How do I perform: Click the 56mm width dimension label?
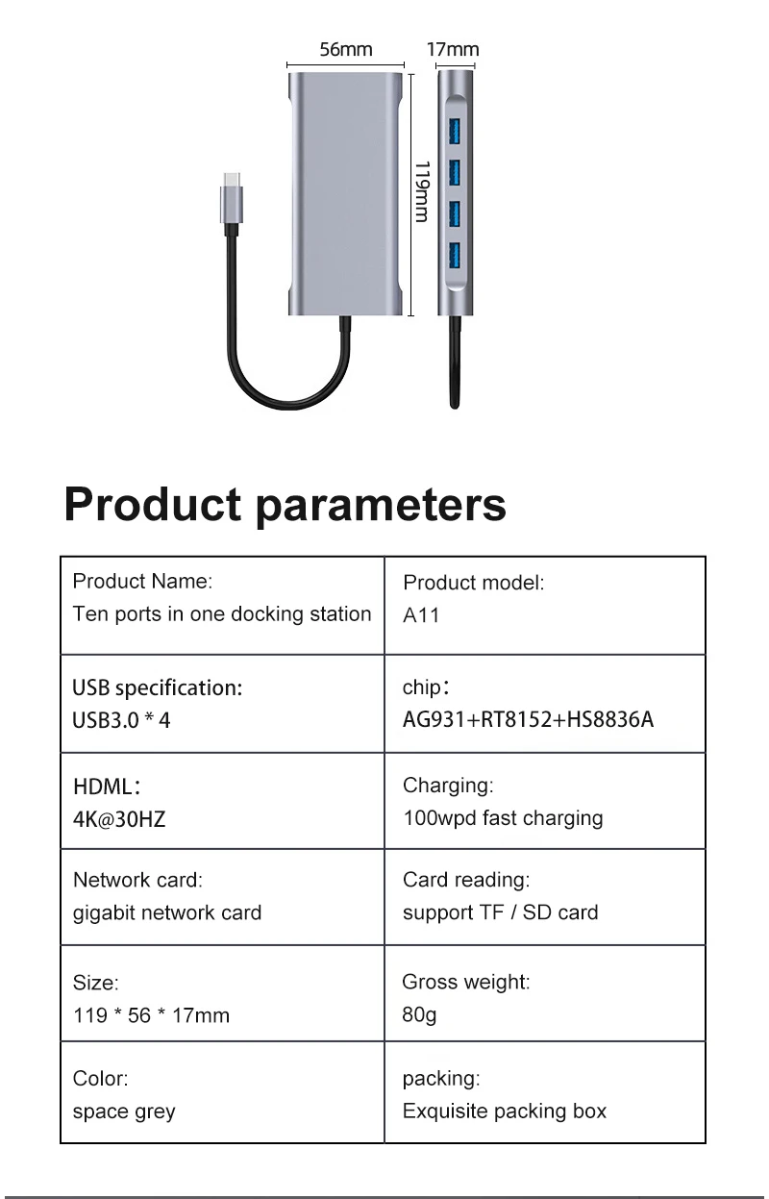click(346, 50)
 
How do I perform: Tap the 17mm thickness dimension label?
click(453, 50)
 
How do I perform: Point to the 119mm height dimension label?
click(421, 191)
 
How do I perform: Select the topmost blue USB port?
click(455, 131)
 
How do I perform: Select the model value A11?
click(421, 615)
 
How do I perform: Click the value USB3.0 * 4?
click(122, 720)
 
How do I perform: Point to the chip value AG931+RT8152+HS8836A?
click(528, 720)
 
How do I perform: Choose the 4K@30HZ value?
click(112, 819)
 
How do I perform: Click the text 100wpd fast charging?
click(503, 818)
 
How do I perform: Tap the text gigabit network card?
click(167, 912)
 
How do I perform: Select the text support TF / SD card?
click(500, 912)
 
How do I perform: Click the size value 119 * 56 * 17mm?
click(151, 1015)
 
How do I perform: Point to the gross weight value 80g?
click(419, 1015)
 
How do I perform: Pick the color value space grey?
click(124, 1112)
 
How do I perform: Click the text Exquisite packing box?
click(505, 1112)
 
